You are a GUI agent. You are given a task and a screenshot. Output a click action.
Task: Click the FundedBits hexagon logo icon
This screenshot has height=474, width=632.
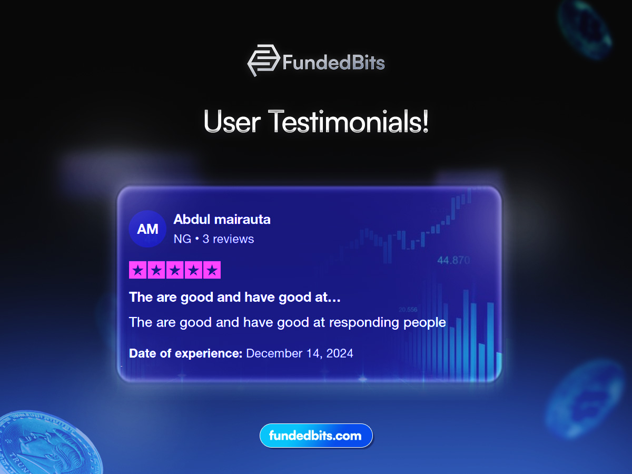(263, 60)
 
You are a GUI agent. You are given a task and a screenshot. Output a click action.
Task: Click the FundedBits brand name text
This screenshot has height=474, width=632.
(333, 63)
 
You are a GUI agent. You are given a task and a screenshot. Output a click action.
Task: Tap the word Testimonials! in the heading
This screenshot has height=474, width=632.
(349, 122)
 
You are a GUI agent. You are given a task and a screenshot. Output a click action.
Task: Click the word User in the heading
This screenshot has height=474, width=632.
(232, 122)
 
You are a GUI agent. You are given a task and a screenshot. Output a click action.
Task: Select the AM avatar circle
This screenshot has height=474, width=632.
(147, 229)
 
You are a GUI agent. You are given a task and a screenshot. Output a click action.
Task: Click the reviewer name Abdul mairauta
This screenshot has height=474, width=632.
(222, 219)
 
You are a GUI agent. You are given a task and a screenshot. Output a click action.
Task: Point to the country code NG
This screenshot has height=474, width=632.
(182, 239)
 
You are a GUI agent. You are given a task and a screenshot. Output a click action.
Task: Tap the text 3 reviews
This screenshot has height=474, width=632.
(228, 239)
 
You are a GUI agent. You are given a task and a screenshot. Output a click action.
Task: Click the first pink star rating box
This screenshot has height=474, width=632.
(138, 270)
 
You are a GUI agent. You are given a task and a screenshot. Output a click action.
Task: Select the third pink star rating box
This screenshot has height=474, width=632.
(175, 270)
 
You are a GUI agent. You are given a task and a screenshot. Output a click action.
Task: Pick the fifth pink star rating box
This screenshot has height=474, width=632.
(212, 270)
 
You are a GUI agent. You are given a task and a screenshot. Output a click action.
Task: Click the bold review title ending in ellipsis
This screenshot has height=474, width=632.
(235, 297)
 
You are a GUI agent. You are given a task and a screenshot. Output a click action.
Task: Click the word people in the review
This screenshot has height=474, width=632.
(424, 323)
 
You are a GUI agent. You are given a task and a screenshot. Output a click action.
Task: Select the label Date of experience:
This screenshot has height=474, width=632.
(186, 353)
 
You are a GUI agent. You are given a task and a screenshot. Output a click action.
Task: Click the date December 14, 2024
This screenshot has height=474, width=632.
(300, 353)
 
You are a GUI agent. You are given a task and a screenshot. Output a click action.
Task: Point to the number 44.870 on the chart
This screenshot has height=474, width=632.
(453, 261)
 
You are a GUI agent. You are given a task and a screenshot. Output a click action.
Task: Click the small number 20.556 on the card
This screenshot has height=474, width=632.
(408, 310)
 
